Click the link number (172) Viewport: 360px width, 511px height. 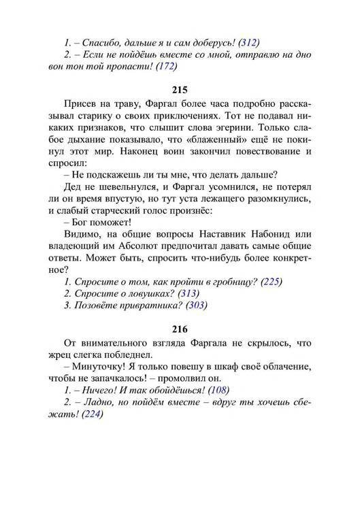pyautogui.click(x=167, y=66)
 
